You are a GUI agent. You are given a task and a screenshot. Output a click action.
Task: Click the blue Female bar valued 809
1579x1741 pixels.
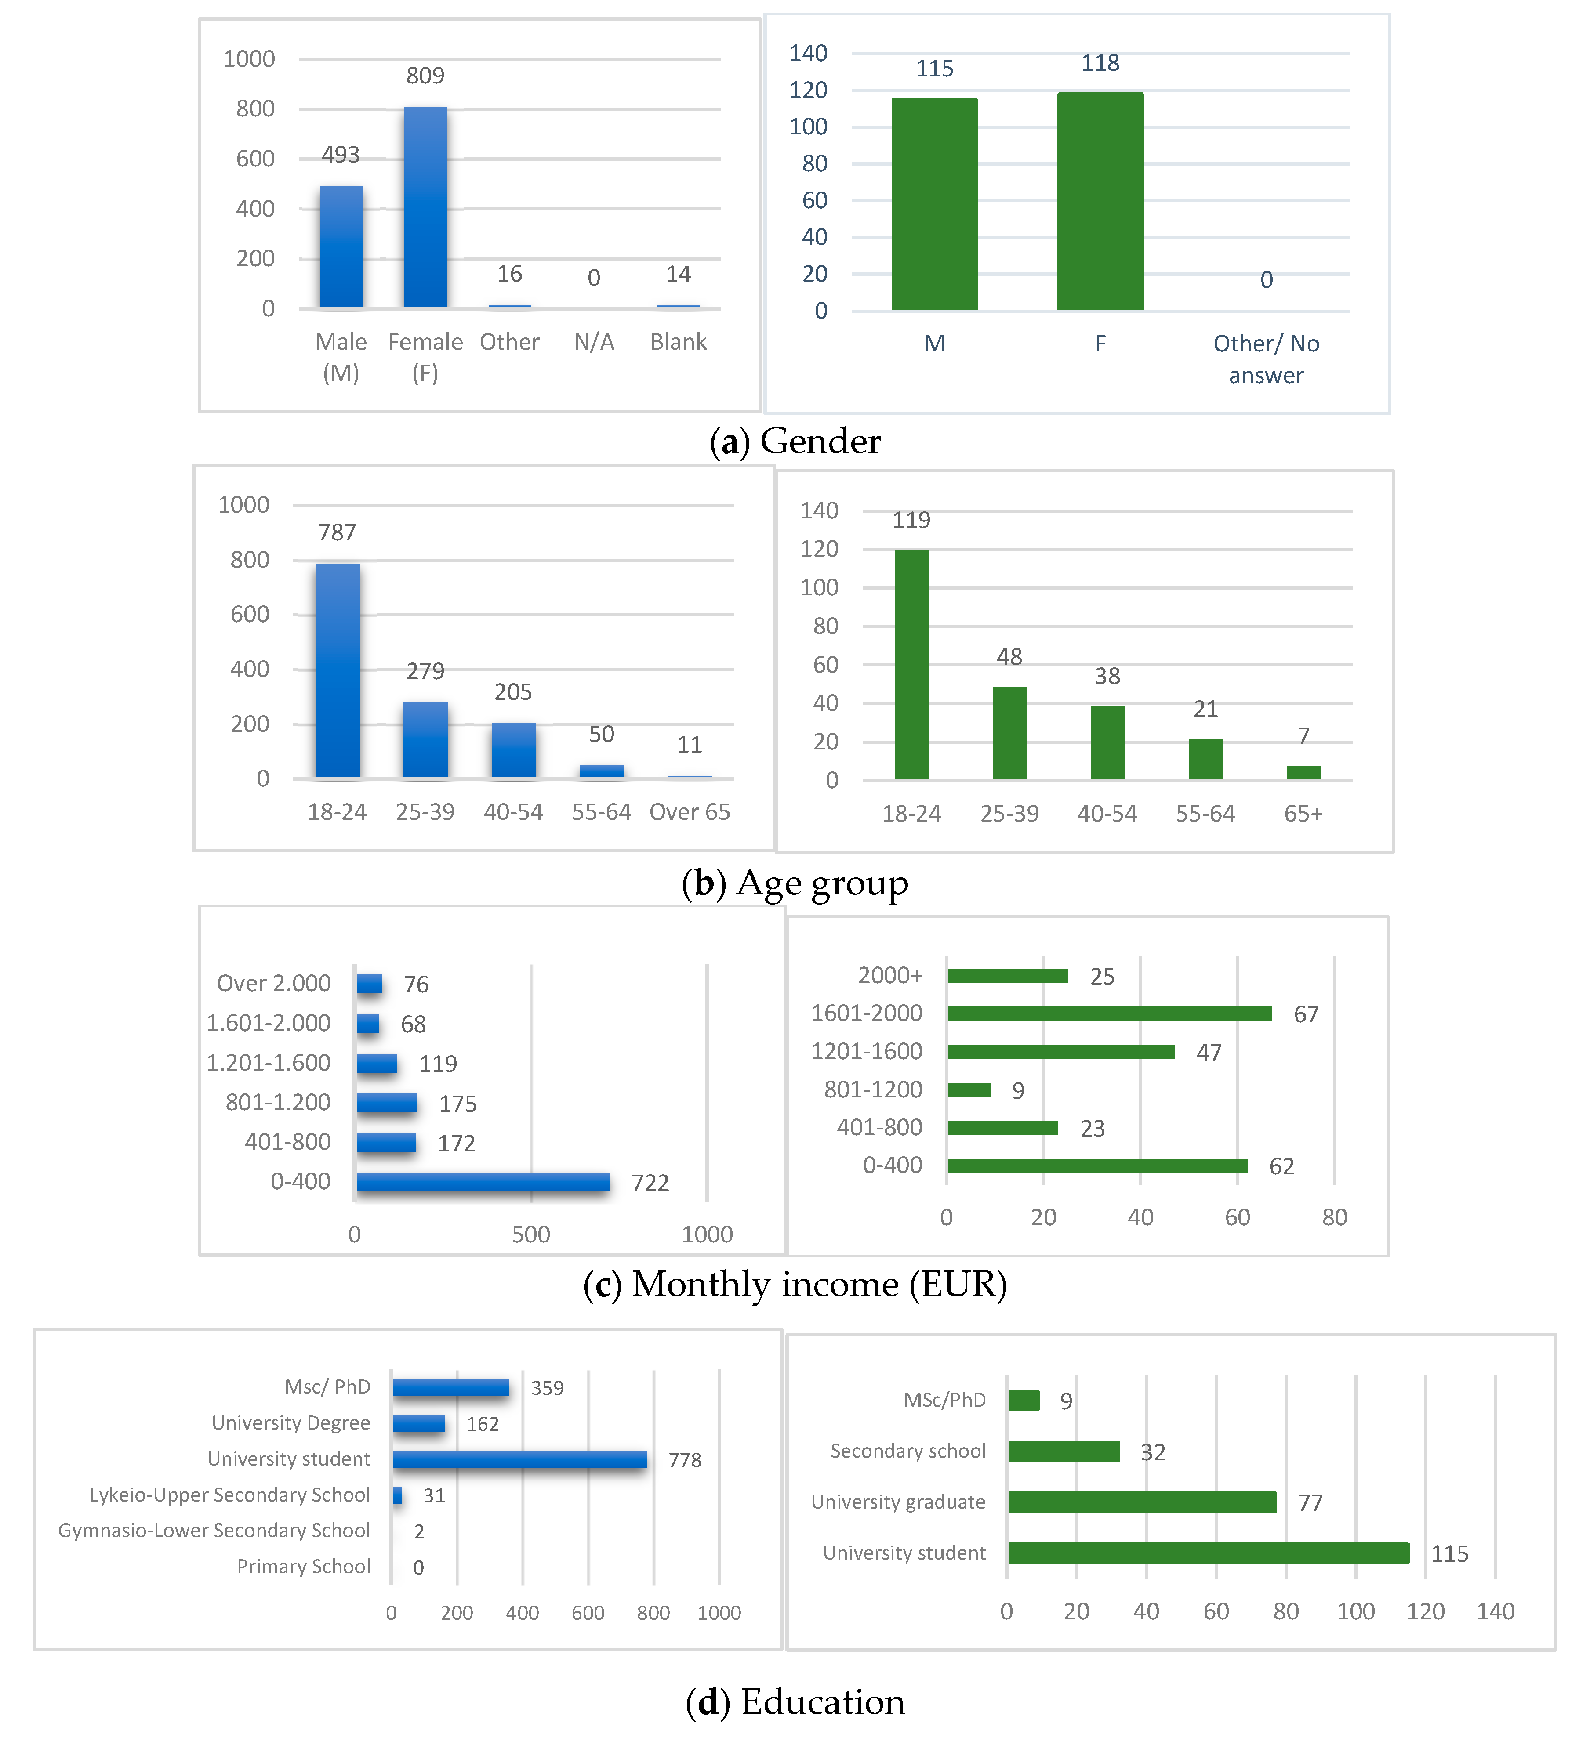click(425, 207)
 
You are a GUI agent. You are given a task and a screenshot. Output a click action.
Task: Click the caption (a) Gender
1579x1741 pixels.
click(795, 442)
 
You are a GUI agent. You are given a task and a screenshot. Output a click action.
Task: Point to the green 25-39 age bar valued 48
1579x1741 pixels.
click(1009, 733)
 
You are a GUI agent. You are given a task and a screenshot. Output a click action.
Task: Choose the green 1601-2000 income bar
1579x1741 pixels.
click(1109, 1013)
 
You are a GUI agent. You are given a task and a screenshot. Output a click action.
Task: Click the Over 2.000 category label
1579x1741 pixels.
click(274, 984)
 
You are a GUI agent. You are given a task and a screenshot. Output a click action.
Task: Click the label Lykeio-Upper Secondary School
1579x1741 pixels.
click(230, 1495)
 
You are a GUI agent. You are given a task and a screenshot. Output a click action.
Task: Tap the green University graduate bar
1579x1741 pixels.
click(1142, 1502)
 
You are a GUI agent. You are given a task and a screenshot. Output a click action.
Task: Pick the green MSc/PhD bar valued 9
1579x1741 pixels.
click(1024, 1401)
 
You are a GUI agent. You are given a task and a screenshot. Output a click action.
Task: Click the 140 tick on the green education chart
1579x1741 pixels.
click(1495, 1611)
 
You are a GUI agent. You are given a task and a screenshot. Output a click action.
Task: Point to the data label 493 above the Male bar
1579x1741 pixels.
click(340, 155)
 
